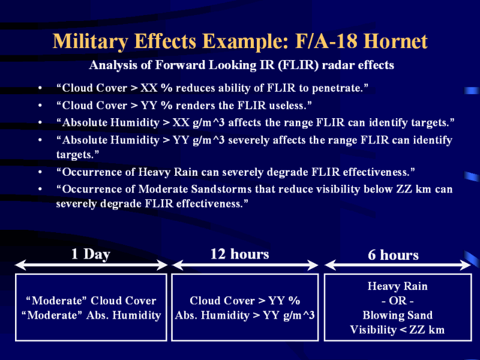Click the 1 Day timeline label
(91, 254)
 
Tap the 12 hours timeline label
(239, 254)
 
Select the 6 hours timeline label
(393, 254)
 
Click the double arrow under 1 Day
(91, 265)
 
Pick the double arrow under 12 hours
(245, 265)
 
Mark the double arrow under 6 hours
(398, 265)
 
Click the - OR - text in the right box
(398, 301)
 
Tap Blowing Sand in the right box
(398, 315)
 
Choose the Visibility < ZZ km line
(397, 329)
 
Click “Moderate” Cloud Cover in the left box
(91, 301)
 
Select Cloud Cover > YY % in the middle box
(245, 301)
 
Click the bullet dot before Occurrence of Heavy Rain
(40, 172)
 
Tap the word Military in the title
(91, 41)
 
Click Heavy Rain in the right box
(398, 286)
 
